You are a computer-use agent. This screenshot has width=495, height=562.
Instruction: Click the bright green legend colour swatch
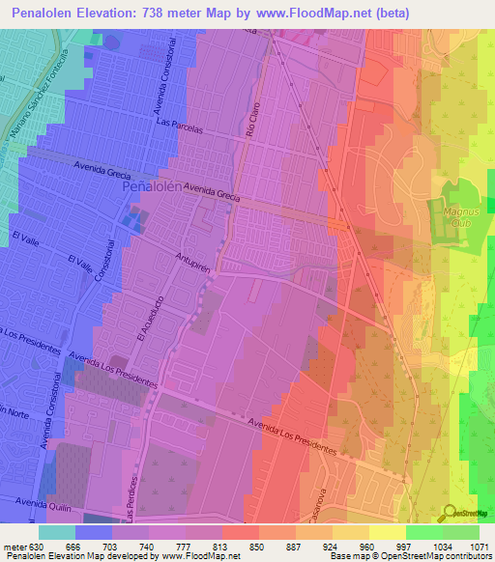click(x=424, y=532)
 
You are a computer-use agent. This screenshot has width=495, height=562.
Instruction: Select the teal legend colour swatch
click(x=57, y=532)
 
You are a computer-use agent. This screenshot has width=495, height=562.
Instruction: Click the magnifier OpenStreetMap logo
click(x=449, y=513)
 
